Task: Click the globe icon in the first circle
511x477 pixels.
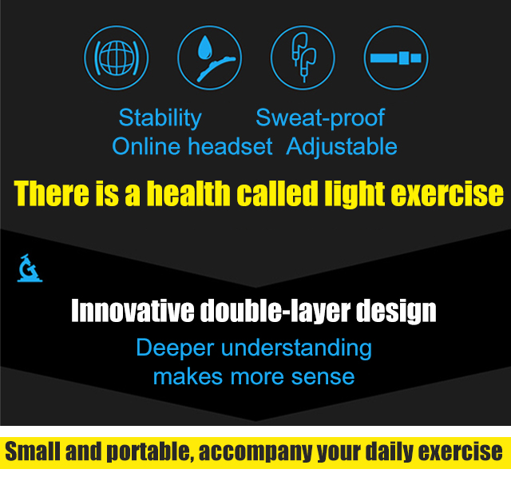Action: (x=117, y=58)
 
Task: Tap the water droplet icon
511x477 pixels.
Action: (x=204, y=48)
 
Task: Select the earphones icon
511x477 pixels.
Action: (x=303, y=57)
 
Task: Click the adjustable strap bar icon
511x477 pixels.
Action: (x=396, y=58)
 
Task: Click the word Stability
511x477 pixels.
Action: (x=160, y=118)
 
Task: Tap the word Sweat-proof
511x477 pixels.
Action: (x=320, y=117)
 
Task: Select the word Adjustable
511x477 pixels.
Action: (x=342, y=147)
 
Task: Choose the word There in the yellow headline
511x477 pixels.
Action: (x=51, y=193)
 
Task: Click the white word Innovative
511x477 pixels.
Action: (x=133, y=311)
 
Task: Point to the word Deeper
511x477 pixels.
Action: (x=175, y=348)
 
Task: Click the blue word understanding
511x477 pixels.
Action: (x=296, y=348)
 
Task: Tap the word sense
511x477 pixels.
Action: (x=323, y=378)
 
